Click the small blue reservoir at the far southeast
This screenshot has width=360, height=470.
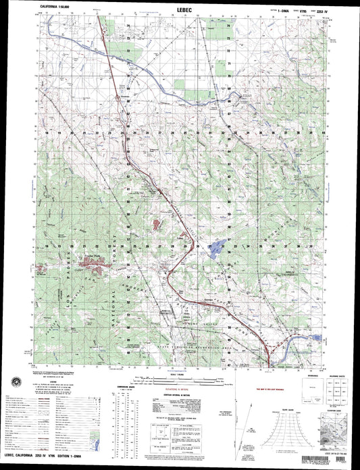coord(317,336)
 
